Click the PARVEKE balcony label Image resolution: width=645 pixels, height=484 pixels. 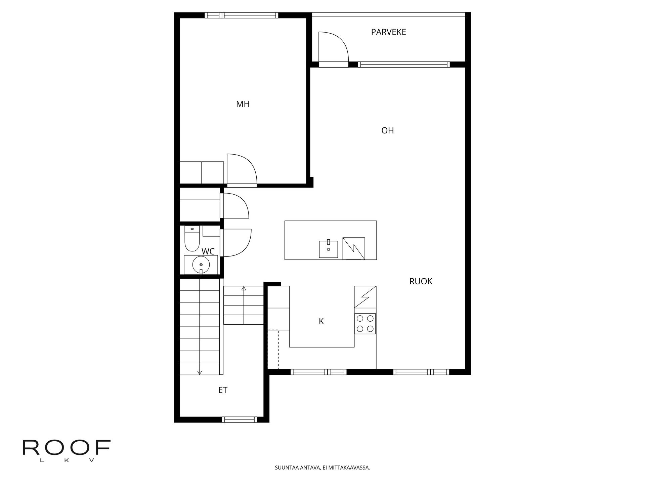[x=388, y=32]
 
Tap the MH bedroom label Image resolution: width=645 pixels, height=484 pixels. [x=243, y=104]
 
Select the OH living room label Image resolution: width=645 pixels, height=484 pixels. [x=387, y=130]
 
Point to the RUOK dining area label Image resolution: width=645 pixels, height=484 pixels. [x=421, y=281]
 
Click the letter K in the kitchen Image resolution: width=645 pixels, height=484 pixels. [x=321, y=321]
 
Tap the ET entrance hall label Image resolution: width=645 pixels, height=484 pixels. [x=223, y=390]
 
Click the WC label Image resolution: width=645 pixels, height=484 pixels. [x=208, y=251]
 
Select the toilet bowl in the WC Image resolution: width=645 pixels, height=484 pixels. [x=192, y=239]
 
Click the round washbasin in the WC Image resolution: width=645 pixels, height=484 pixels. [x=201, y=265]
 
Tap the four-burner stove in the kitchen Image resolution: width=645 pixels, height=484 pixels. [x=365, y=324]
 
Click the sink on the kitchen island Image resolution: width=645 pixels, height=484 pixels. [x=328, y=249]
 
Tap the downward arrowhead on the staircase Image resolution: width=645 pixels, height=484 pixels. [x=200, y=372]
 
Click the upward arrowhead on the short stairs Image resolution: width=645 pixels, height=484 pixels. [x=244, y=288]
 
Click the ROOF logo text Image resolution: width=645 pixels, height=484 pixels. [x=67, y=447]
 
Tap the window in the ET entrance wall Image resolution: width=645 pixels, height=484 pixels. [x=239, y=419]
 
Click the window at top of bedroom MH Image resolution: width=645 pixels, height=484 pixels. [x=242, y=15]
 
